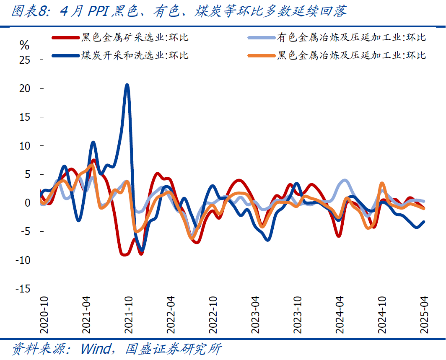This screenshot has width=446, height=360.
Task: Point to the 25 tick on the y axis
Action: tap(25, 60)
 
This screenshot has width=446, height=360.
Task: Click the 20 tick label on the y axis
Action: tap(25, 89)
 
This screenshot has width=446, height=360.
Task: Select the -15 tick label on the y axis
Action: tap(23, 289)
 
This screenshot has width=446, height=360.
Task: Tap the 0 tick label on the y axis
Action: tap(28, 203)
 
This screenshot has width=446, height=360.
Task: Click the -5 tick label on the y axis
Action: tap(25, 232)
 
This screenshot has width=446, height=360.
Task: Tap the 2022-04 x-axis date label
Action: tap(171, 315)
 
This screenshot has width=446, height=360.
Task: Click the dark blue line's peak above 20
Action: tap(127, 85)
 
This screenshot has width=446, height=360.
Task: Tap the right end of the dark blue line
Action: tap(424, 222)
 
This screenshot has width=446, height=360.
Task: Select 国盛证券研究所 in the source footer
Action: tap(173, 349)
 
